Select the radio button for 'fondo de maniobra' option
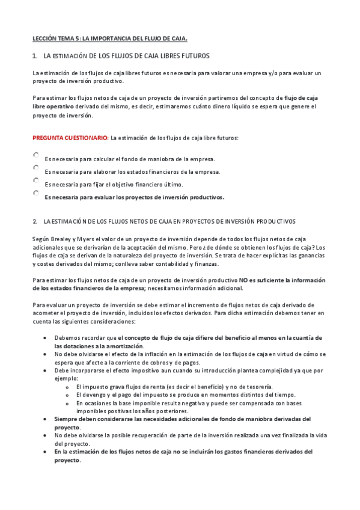(x=36, y=155)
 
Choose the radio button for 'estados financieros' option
(x=36, y=168)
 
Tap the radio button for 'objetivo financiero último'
(x=36, y=180)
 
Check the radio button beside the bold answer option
(x=36, y=193)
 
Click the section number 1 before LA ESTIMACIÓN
(x=34, y=56)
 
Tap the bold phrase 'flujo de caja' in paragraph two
(x=301, y=97)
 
